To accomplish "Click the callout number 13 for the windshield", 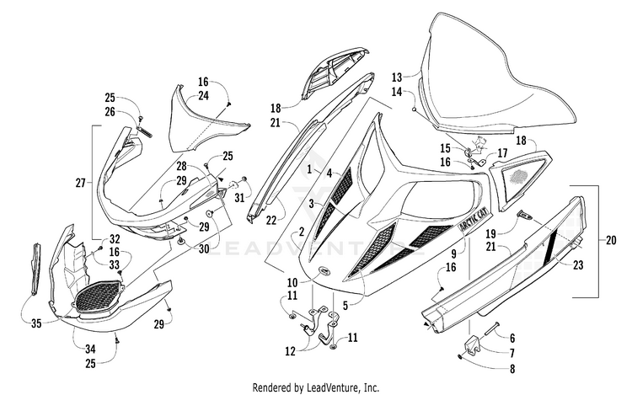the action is [x=397, y=77].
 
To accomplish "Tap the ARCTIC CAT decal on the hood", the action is [x=474, y=220].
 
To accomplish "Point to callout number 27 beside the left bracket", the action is [x=81, y=184].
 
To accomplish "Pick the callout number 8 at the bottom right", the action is [x=511, y=369].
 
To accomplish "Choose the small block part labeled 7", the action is [x=473, y=346].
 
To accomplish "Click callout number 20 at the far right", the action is [x=611, y=240].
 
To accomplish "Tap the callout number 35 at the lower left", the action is [x=36, y=323].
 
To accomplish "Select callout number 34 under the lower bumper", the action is [x=90, y=349].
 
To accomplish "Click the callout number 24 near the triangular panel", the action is [x=203, y=96].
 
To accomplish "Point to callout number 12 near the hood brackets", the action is [x=290, y=351].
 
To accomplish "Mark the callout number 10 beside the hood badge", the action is [x=292, y=281].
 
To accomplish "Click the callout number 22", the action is [x=271, y=221].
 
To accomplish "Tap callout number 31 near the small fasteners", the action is [x=239, y=198].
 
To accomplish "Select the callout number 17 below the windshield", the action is [x=502, y=153].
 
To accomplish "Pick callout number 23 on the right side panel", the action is [x=578, y=265].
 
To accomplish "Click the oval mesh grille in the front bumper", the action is [x=99, y=296].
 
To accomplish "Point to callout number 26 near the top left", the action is [x=110, y=111].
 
